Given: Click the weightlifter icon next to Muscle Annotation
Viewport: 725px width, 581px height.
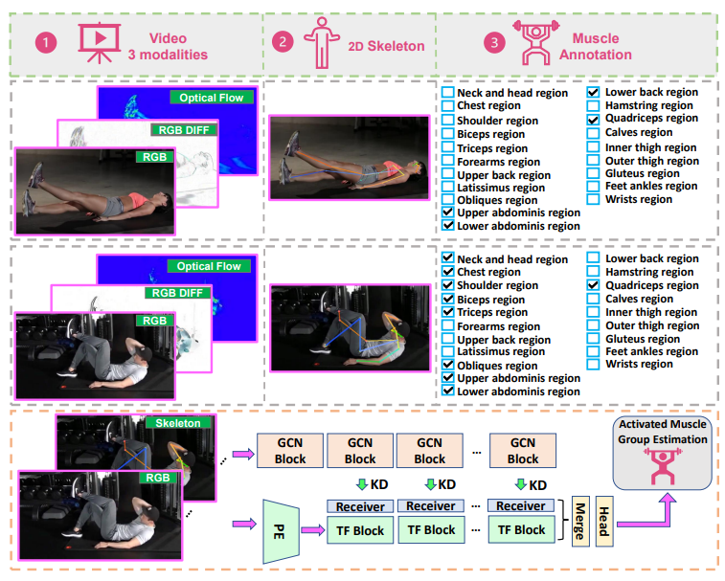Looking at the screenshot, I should point(529,42).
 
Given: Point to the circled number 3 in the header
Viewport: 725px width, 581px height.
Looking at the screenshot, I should point(493,43).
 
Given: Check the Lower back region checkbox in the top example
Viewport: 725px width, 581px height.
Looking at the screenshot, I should point(594,93).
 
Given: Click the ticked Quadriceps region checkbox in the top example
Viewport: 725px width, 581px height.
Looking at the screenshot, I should point(594,119).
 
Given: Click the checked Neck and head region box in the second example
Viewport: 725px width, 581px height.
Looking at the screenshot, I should point(447,259).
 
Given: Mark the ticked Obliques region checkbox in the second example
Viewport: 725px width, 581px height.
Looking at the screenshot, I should point(447,366).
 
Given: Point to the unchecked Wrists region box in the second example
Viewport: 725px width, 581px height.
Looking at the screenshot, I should point(594,364).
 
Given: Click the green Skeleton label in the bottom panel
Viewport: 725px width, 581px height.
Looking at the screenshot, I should point(177,423).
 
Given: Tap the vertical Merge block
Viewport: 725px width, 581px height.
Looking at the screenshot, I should point(580,522).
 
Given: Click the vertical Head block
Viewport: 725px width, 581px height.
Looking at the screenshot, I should point(603,522).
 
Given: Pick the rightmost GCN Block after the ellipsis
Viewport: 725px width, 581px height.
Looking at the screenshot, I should point(522,451).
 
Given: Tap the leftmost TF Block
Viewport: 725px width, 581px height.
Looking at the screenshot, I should point(360,530).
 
